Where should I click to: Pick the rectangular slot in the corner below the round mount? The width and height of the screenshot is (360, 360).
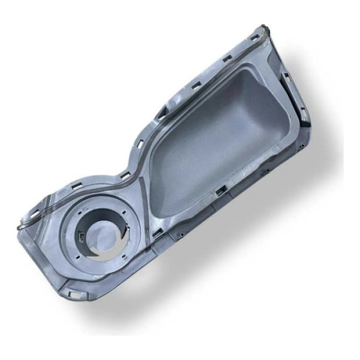(73, 294)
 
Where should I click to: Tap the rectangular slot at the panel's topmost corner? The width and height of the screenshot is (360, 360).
(254, 37)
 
